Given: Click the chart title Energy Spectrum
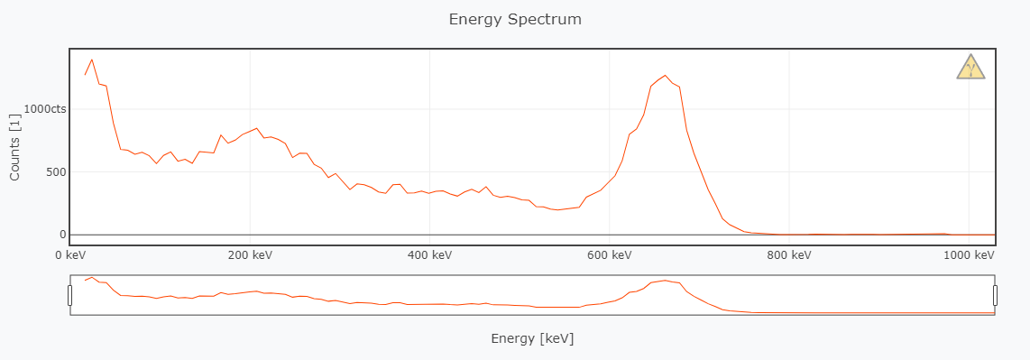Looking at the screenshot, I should [x=515, y=19].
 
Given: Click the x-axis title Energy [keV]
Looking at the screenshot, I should [x=532, y=338].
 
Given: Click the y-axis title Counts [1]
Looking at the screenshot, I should [x=14, y=147].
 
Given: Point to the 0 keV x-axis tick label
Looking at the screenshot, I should [x=71, y=255].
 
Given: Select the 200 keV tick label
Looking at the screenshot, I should [x=250, y=255].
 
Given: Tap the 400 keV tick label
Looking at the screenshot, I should [x=429, y=255].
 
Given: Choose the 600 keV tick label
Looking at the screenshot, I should [x=609, y=255].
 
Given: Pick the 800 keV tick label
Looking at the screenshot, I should [x=789, y=255].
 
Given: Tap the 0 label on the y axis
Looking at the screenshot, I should [x=62, y=235].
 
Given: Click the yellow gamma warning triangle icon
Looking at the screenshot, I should [x=970, y=67].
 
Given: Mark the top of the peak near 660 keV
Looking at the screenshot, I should [x=665, y=76].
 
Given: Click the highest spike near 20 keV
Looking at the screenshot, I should [x=92, y=60].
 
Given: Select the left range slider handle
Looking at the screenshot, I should [x=70, y=295].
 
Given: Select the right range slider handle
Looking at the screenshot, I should [x=996, y=295].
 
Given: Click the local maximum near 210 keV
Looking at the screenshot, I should [x=257, y=128].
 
